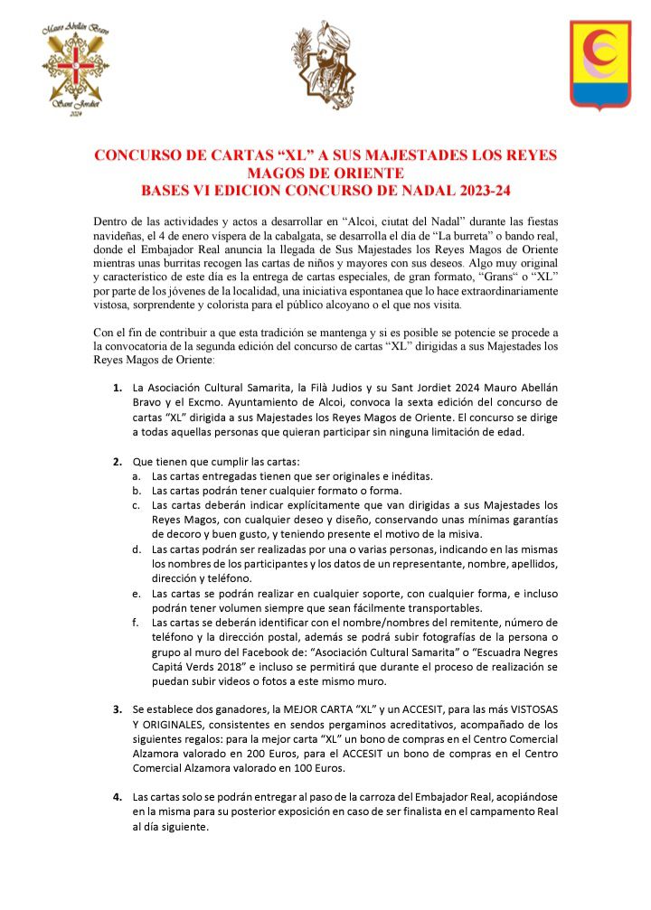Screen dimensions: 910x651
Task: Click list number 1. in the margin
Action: tap(118, 389)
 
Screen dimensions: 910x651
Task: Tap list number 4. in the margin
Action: tap(118, 797)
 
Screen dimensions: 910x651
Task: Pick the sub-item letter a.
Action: tap(136, 475)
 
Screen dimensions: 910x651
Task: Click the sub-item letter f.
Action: tap(136, 623)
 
